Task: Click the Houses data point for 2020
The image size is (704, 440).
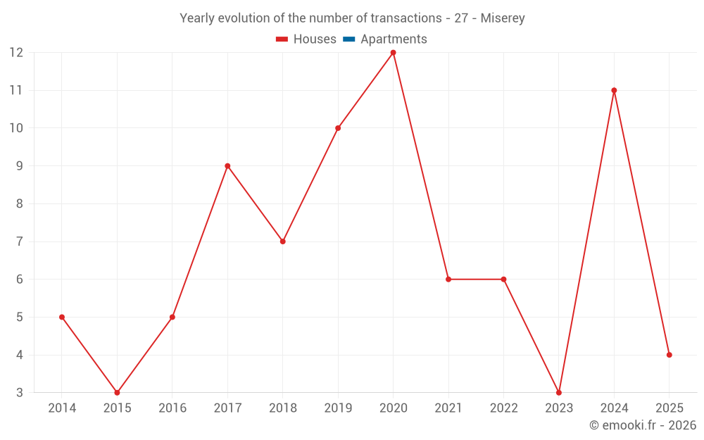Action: pos(393,53)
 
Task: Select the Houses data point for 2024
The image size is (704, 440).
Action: pos(614,90)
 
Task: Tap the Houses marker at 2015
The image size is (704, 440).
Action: pos(117,393)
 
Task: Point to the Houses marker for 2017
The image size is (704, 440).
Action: pos(227,166)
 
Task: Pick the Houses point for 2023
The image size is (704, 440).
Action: pos(559,393)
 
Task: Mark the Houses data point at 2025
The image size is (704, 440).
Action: pos(669,355)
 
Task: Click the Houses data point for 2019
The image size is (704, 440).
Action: pos(338,128)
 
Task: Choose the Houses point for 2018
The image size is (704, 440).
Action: pos(282,241)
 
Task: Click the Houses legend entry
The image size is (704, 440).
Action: pos(306,39)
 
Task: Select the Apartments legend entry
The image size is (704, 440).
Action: pos(385,39)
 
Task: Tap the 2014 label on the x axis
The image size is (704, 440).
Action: pos(62,408)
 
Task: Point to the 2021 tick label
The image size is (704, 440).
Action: pos(448,408)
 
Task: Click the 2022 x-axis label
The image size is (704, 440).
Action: pos(503,408)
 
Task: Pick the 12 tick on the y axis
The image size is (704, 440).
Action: pos(16,53)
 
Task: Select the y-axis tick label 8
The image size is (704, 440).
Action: pos(20,204)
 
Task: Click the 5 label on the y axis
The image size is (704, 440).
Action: pos(20,318)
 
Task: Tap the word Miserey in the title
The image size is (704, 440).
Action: pos(503,18)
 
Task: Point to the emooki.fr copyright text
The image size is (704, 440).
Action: pos(643,425)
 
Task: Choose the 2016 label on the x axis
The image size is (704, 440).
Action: pos(172,408)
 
